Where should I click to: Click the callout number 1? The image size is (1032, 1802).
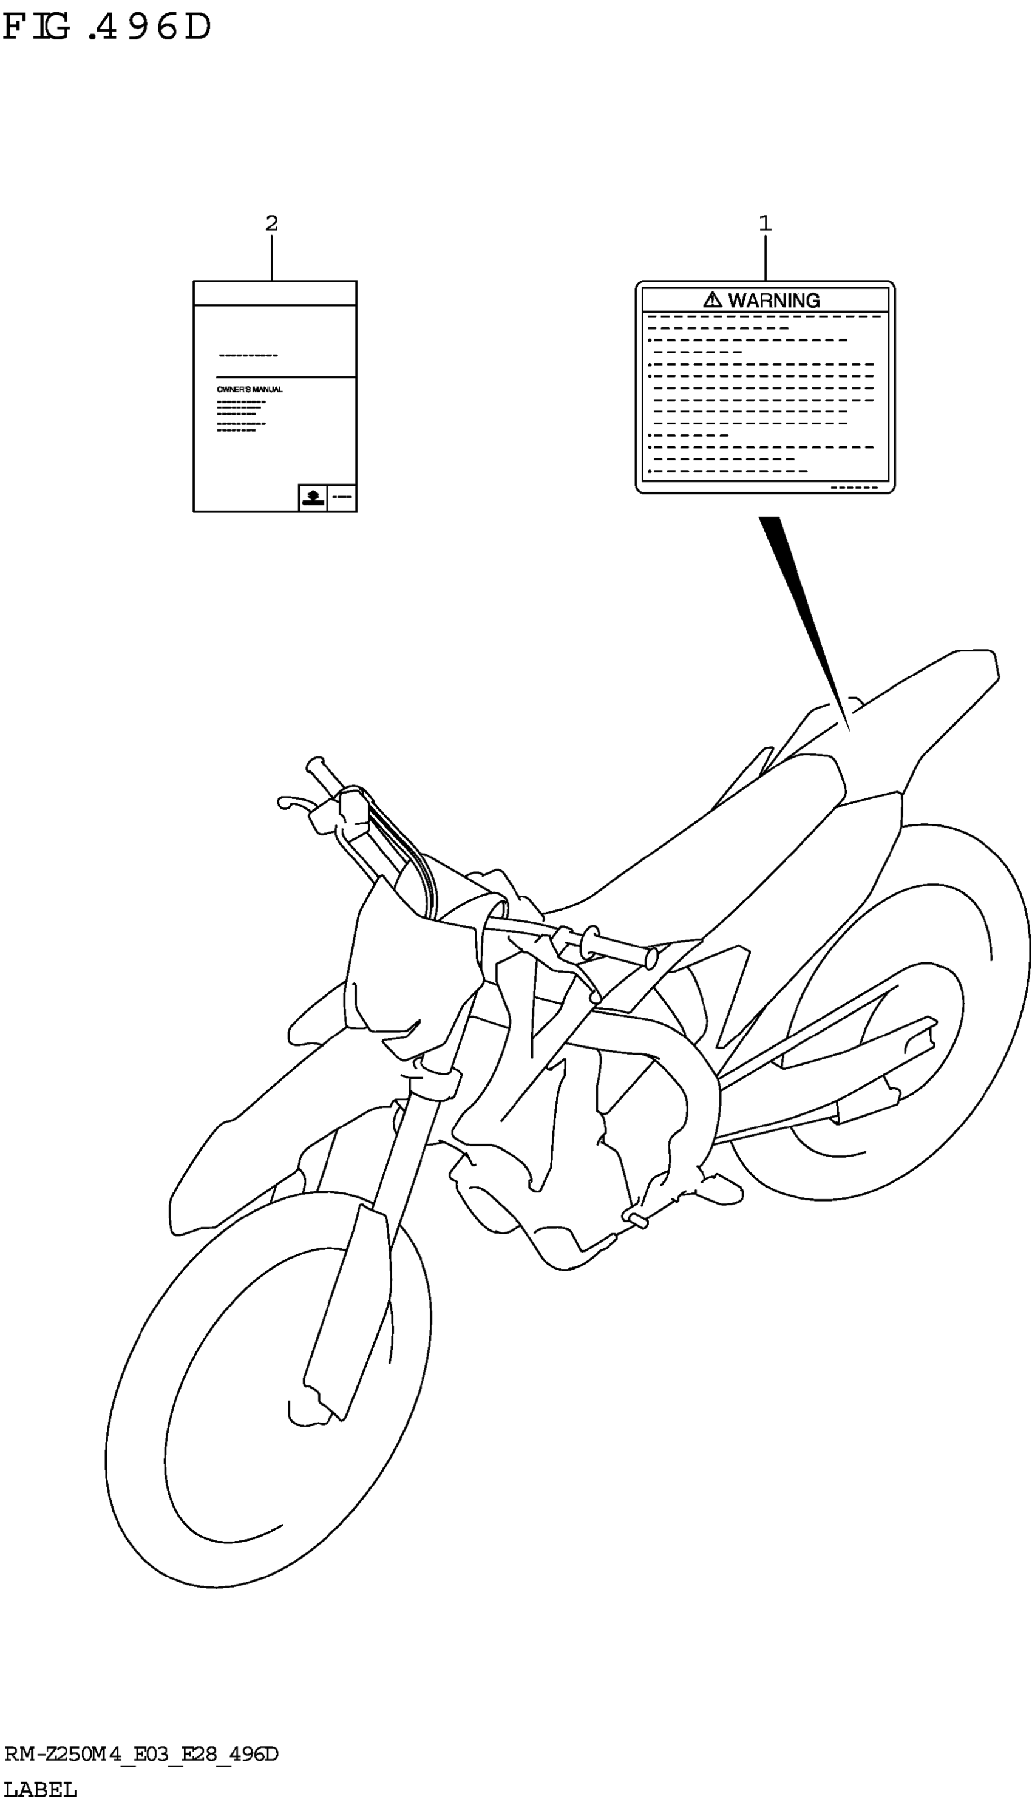(765, 223)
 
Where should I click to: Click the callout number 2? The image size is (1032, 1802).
(271, 223)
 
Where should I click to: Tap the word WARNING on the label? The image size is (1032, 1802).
(774, 301)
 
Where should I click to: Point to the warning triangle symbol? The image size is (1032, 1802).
(712, 300)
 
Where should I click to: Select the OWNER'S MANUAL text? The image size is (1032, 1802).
(250, 389)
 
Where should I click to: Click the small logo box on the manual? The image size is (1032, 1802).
(313, 498)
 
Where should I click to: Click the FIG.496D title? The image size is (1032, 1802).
(106, 29)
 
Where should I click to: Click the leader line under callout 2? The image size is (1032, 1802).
(271, 257)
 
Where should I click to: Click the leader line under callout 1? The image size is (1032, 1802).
(765, 257)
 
